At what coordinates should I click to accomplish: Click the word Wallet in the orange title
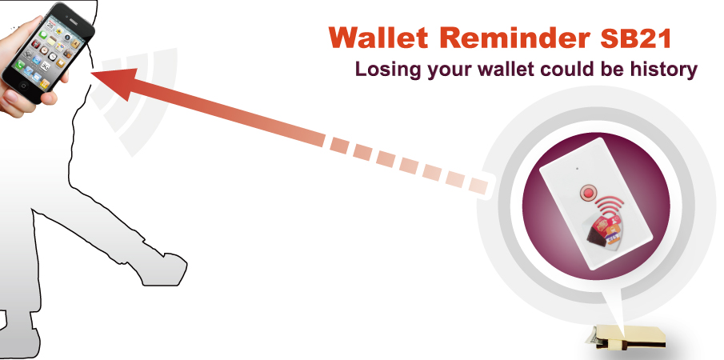[x=378, y=38]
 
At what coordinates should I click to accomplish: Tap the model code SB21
[x=635, y=38]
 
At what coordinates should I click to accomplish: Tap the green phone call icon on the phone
[x=19, y=65]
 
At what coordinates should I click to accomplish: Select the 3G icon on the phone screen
[x=46, y=66]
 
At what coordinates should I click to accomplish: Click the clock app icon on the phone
[x=54, y=56]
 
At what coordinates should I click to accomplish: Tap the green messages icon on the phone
[x=44, y=35]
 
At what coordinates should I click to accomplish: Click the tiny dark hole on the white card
[x=577, y=169]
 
